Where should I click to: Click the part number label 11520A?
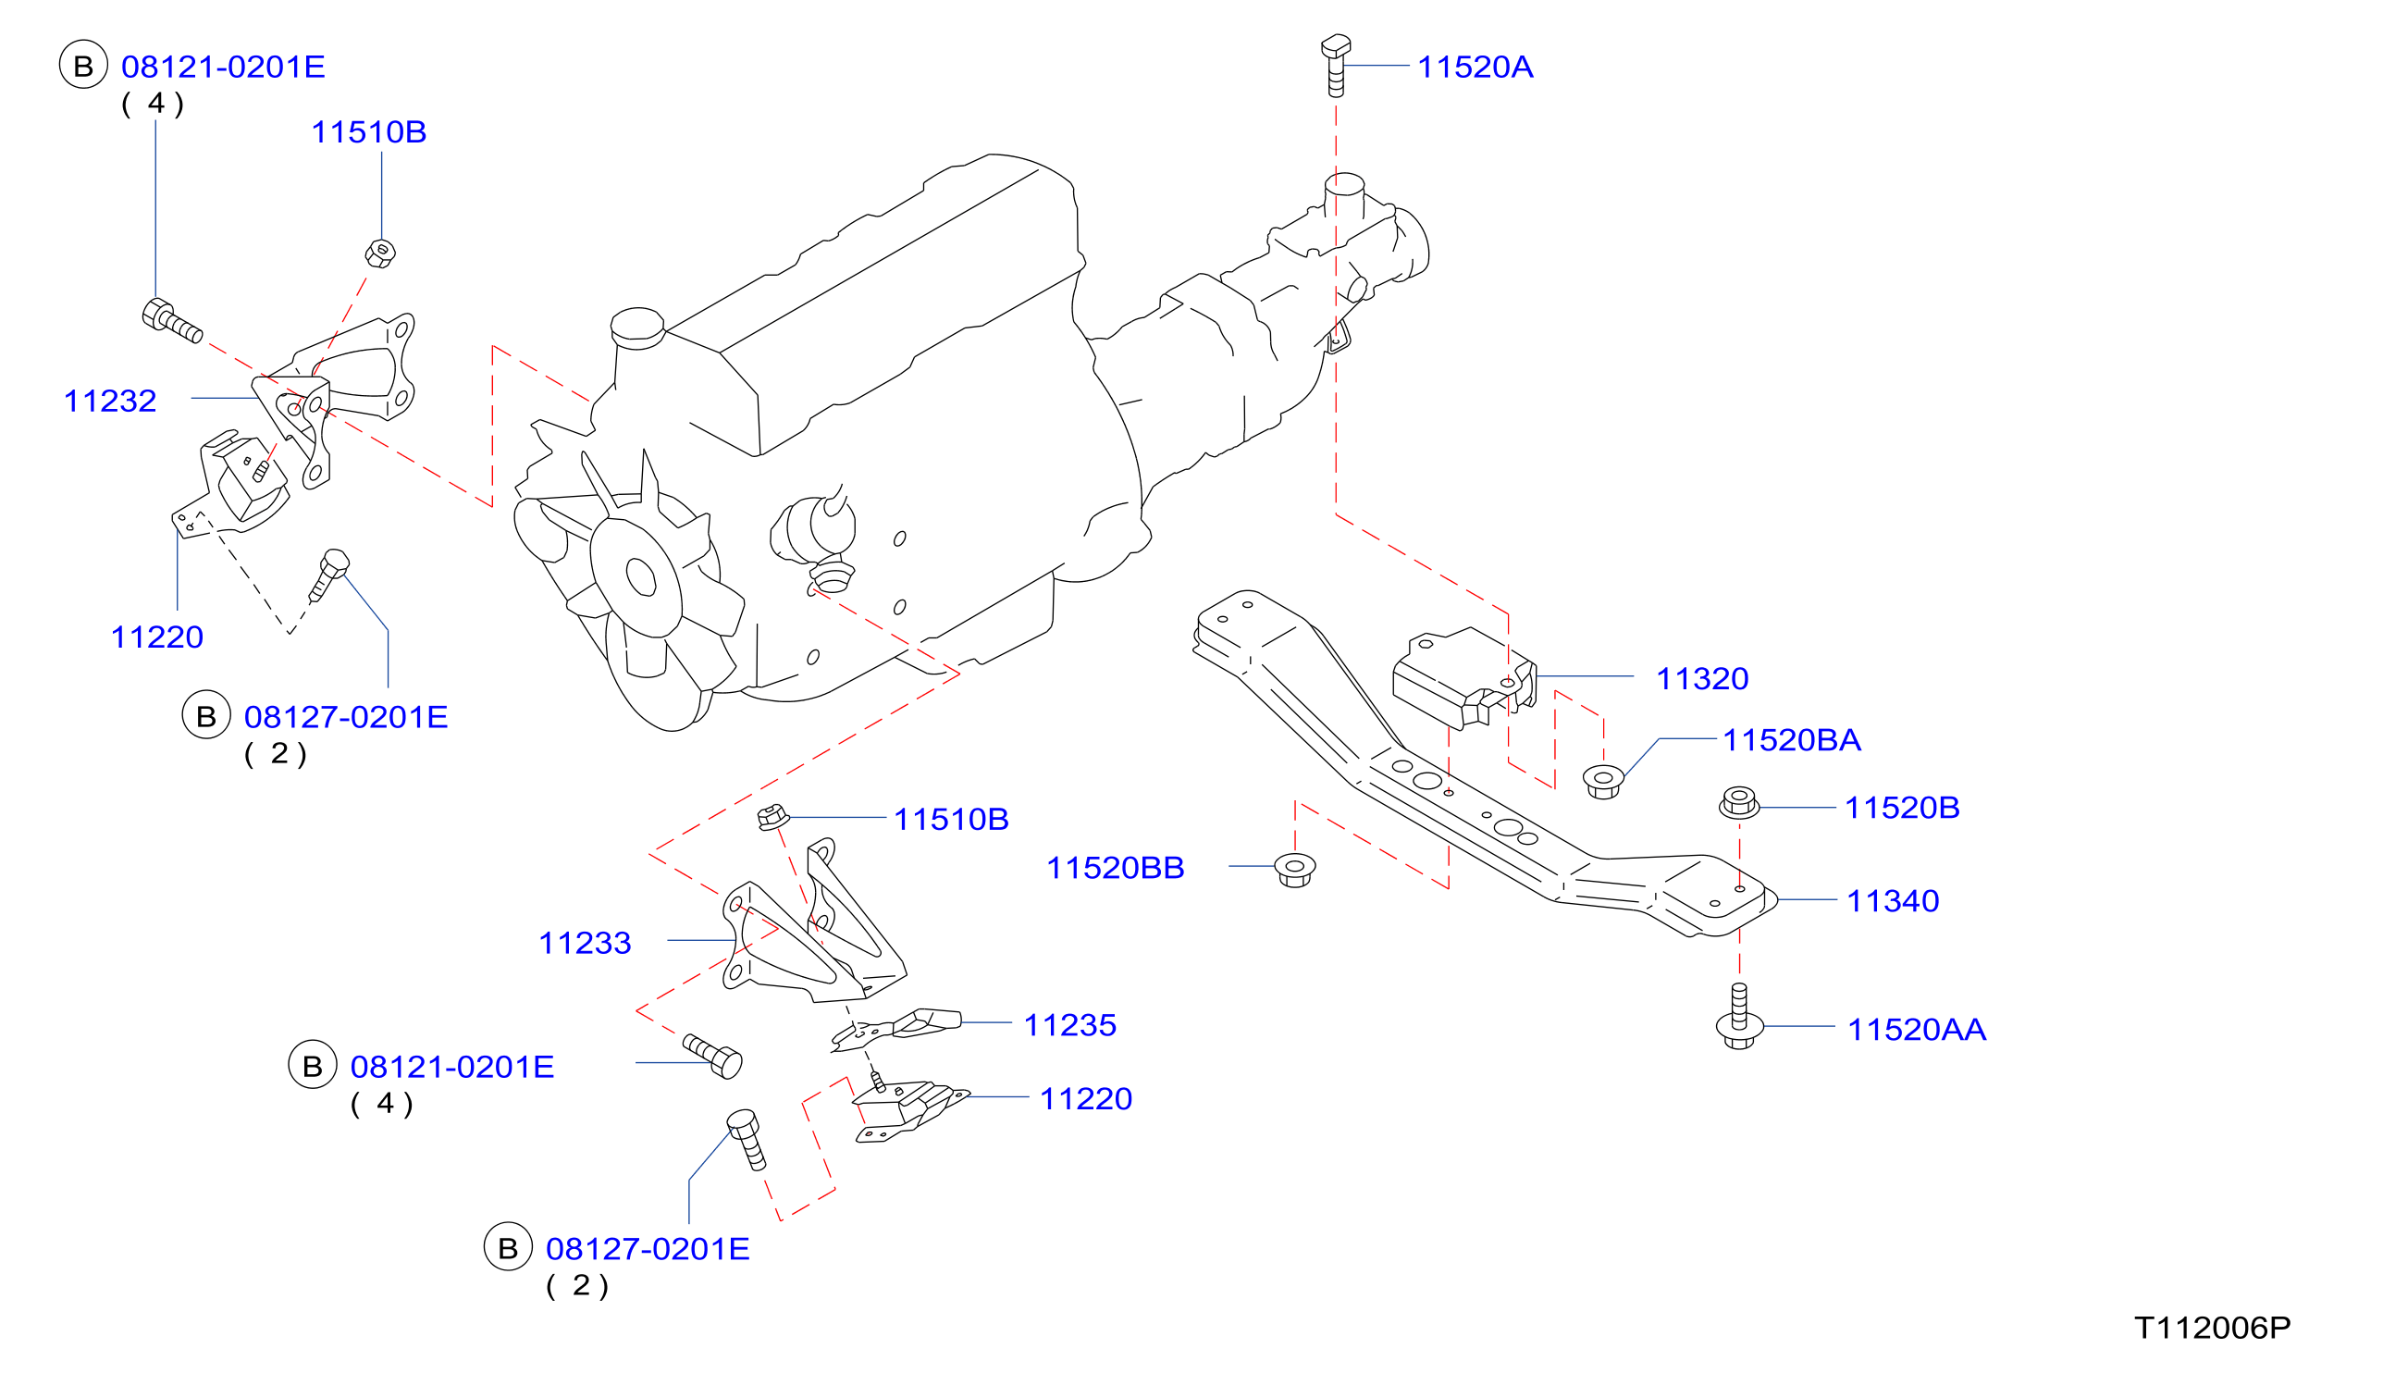[x=1475, y=67]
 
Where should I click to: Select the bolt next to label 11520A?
[x=1336, y=65]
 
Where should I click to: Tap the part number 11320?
[x=1702, y=679]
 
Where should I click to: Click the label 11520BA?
[x=1792, y=740]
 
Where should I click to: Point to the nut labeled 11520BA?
[x=1603, y=782]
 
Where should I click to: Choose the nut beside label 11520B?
[x=1739, y=802]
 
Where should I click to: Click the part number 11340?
[x=1893, y=901]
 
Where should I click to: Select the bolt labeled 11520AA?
[x=1739, y=1016]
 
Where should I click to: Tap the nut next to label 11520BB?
[x=1295, y=870]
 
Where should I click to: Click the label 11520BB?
[x=1115, y=869]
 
